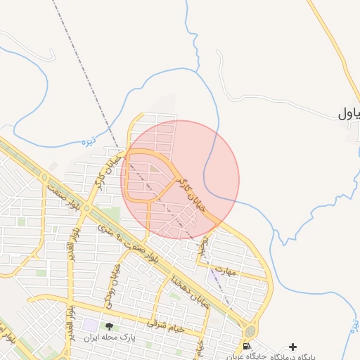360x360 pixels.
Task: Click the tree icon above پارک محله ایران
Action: tap(109, 326)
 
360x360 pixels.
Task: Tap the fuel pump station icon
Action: tap(245, 346)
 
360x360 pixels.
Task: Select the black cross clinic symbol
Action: tap(292, 347)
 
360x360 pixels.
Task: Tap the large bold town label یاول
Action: tap(349, 112)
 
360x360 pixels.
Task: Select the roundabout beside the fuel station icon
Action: tap(250, 330)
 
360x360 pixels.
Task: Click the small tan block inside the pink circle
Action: tap(153, 167)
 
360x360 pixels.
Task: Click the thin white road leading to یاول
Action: tap(281, 98)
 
